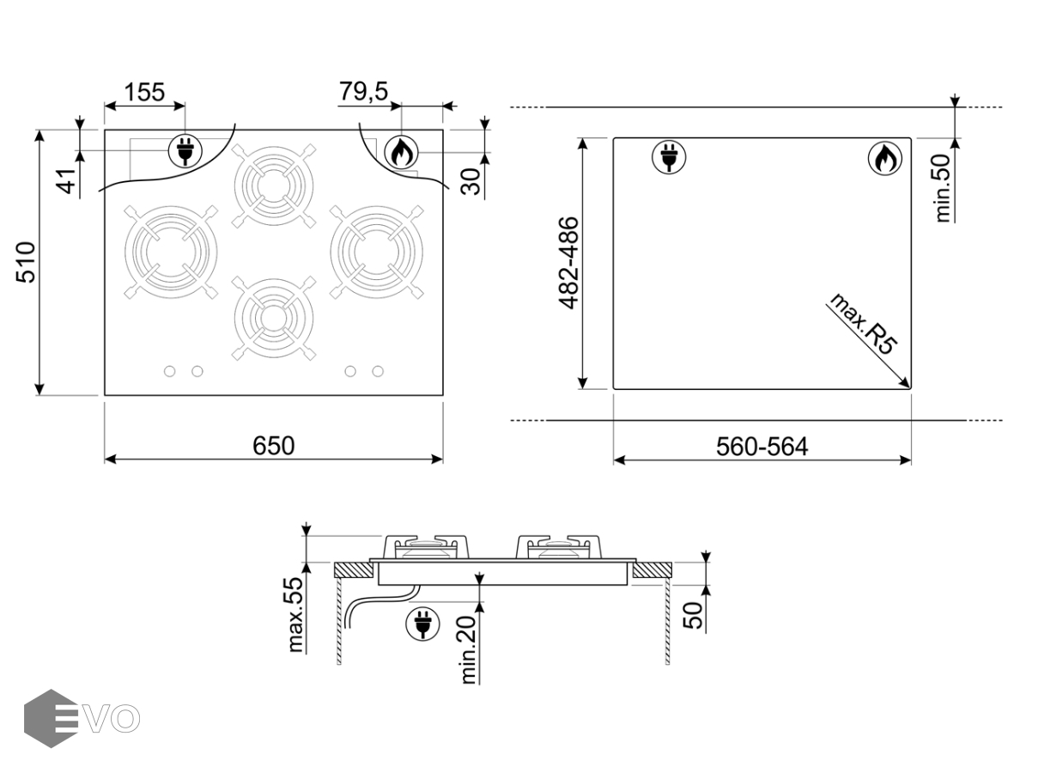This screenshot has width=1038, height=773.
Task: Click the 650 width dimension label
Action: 274,446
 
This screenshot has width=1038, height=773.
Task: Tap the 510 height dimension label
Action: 27,262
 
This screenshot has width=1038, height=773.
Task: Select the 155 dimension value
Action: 144,92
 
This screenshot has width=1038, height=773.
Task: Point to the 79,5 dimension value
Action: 364,91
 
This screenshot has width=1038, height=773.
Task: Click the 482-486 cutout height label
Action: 569,263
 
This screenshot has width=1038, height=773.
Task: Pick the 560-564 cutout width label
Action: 762,447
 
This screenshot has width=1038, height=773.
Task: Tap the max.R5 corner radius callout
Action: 862,325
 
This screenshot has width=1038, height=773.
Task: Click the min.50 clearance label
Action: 943,188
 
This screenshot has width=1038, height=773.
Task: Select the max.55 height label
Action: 295,615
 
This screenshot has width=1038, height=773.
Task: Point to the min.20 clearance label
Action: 469,649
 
